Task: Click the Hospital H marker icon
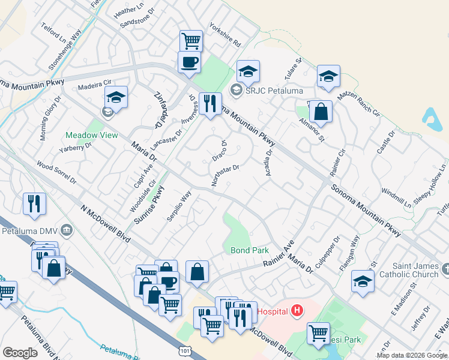pyautogui.click(x=297, y=311)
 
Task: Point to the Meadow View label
pyautogui.click(x=92, y=135)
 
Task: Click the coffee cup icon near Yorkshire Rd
pyautogui.click(x=189, y=61)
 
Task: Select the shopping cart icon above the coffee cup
pyautogui.click(x=191, y=41)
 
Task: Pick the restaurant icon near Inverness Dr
pyautogui.click(x=210, y=103)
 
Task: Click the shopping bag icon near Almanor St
pyautogui.click(x=321, y=112)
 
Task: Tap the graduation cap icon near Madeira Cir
pyautogui.click(x=116, y=96)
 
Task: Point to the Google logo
pyautogui.click(x=20, y=353)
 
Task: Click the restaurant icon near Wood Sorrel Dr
pyautogui.click(x=34, y=203)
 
